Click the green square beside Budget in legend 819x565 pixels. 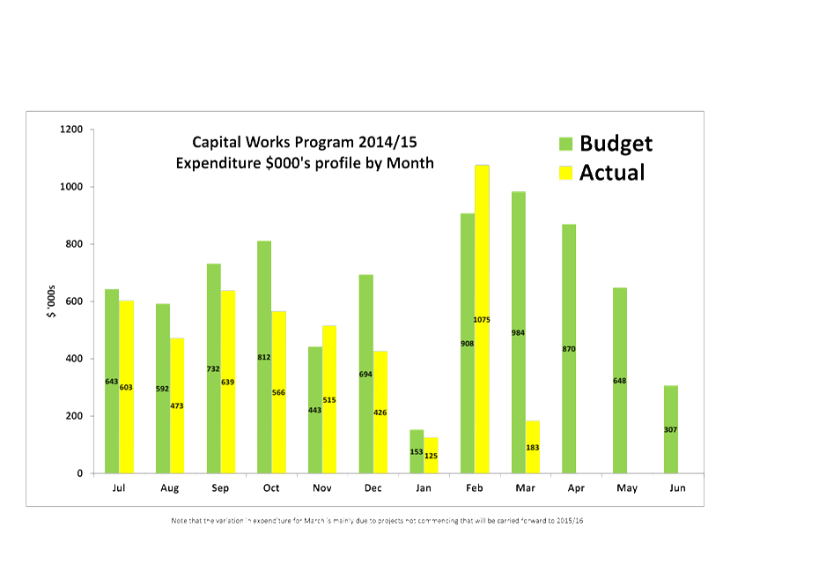click(565, 144)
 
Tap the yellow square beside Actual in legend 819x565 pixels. click(565, 173)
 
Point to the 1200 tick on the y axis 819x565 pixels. click(70, 130)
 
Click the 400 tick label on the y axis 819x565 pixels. click(73, 359)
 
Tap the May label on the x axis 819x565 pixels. click(626, 487)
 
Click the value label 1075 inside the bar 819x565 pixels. click(482, 319)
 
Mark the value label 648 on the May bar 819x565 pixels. click(620, 381)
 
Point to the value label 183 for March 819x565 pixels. click(533, 448)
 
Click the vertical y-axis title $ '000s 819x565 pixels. click(51, 302)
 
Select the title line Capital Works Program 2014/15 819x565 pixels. click(305, 142)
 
